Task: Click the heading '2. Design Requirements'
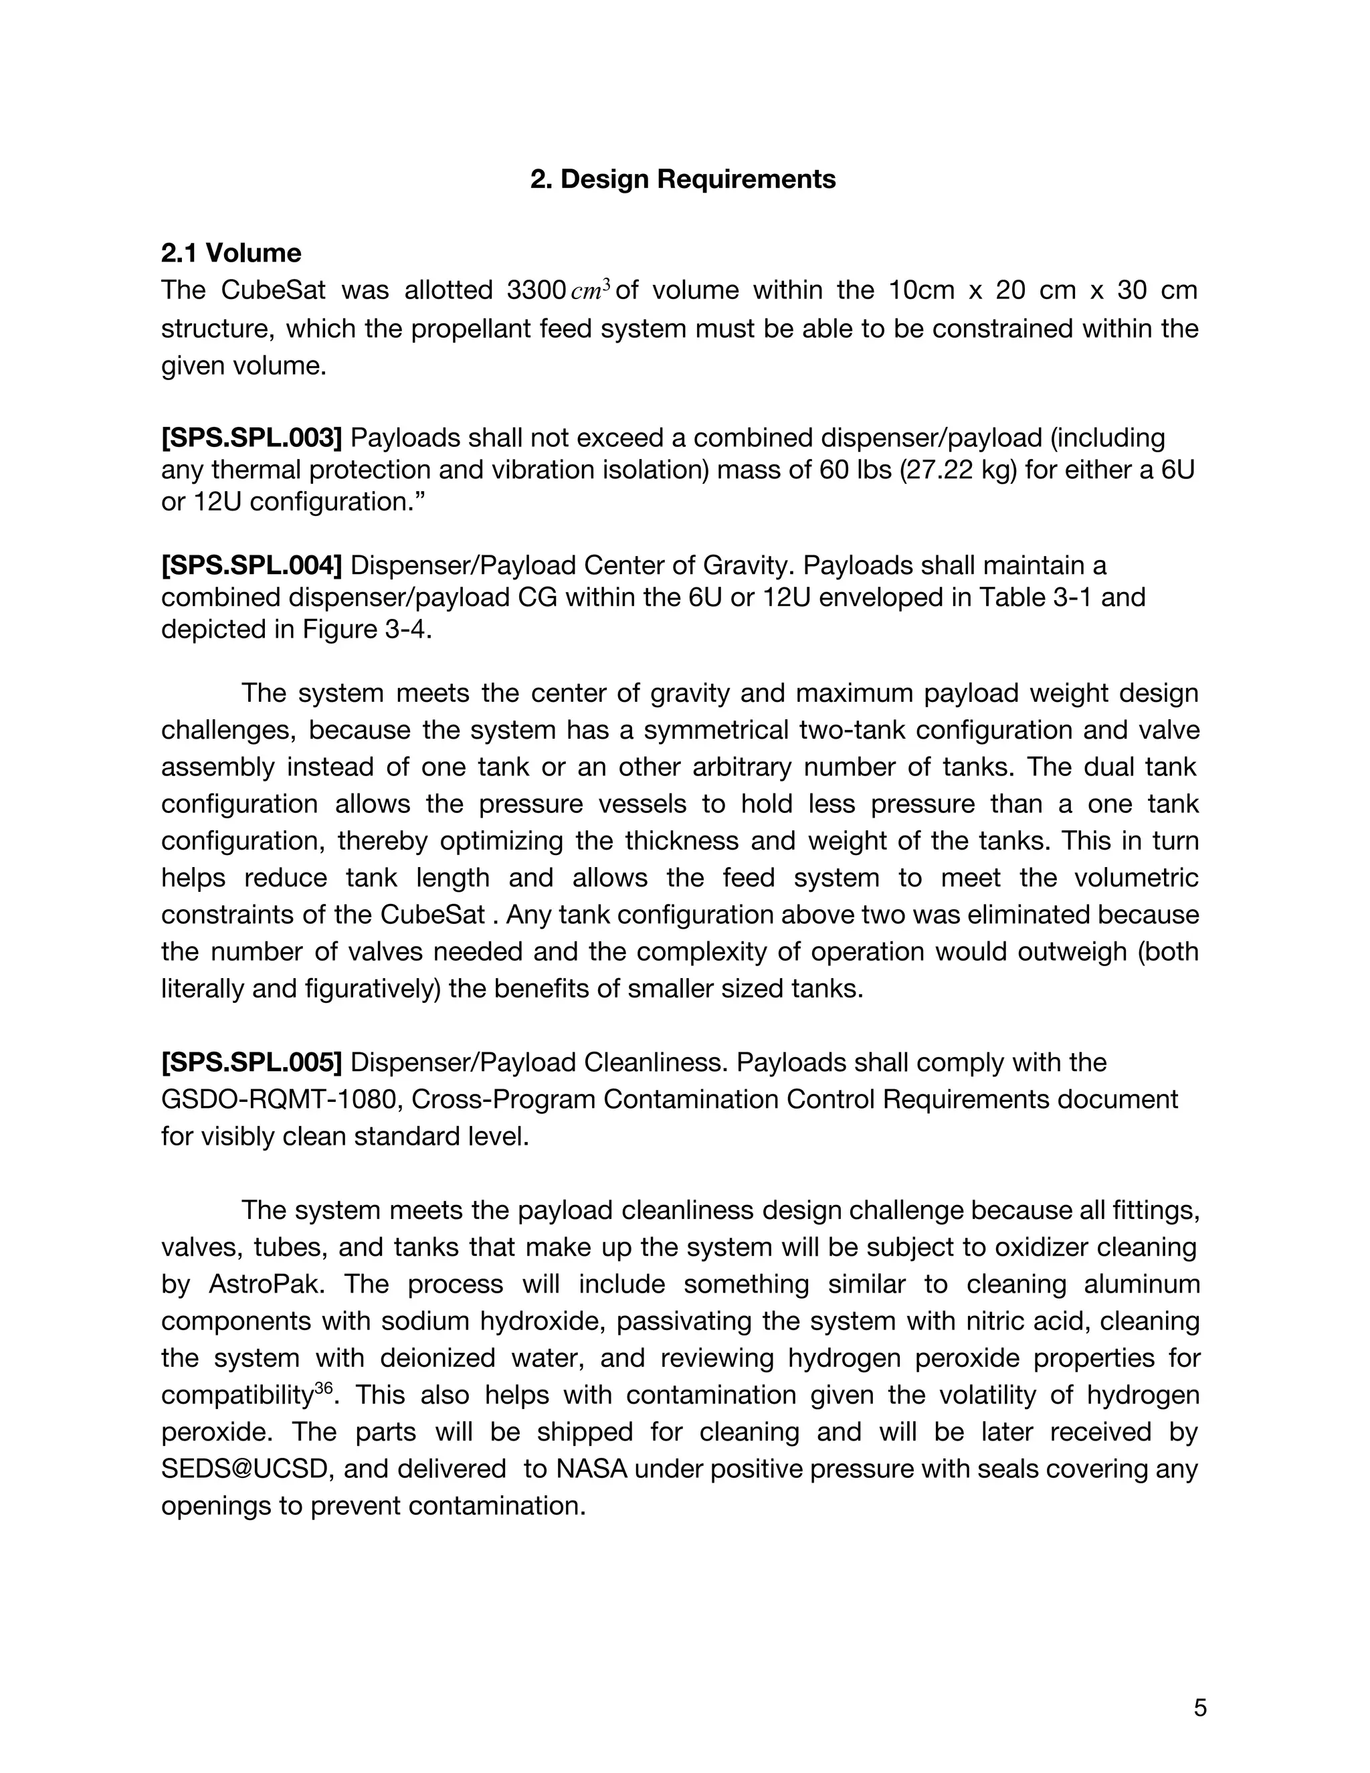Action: (x=682, y=179)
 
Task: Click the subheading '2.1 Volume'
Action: (x=231, y=254)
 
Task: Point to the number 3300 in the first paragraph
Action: (x=536, y=290)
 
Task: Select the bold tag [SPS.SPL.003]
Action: (x=252, y=438)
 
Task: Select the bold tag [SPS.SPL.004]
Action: (x=252, y=565)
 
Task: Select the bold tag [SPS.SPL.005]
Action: (x=252, y=1062)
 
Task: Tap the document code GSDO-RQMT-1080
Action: (x=281, y=1099)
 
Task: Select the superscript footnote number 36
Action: (x=323, y=1388)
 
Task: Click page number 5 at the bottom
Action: (x=1199, y=1708)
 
